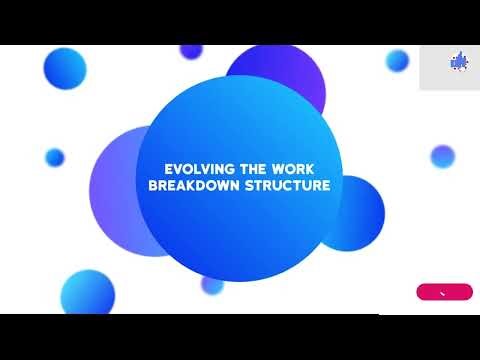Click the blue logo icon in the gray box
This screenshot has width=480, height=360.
tap(448, 61)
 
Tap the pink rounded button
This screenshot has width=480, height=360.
tap(444, 292)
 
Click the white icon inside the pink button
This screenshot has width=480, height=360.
tap(444, 292)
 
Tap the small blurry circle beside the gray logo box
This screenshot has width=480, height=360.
tap(398, 60)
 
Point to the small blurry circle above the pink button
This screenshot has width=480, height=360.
tap(442, 156)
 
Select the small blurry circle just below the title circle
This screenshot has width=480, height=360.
tap(212, 284)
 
